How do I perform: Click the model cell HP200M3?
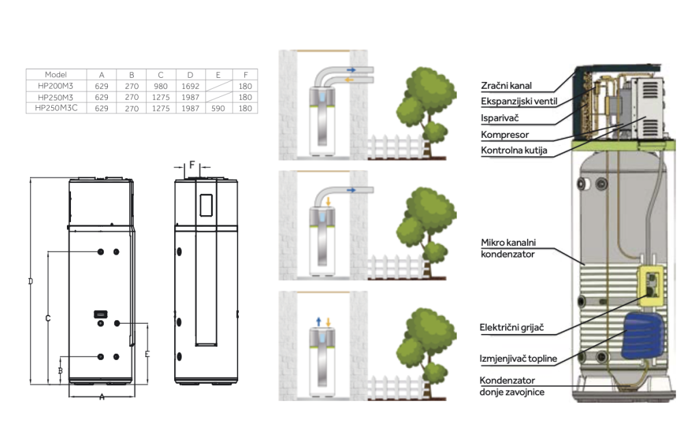55,86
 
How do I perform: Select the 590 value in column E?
218,108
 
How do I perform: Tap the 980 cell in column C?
160,86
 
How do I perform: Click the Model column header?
55,74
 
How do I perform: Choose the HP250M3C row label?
55,108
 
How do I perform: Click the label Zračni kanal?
506,86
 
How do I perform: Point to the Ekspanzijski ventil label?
519,102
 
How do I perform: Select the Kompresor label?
504,135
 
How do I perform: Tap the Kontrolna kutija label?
514,150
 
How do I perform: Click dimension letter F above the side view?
192,165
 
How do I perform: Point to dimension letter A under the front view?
102,396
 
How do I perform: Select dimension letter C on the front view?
48,318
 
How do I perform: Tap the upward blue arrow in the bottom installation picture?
319,321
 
